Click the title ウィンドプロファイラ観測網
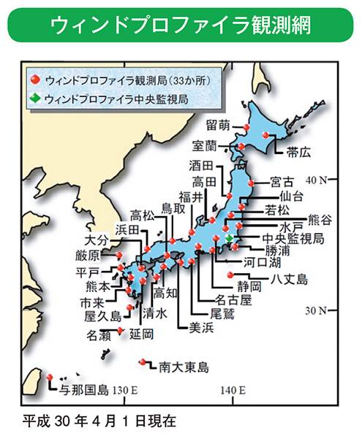(x=181, y=26)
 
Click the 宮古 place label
(x=282, y=181)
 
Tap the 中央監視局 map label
(x=295, y=238)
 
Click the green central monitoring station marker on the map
(x=230, y=239)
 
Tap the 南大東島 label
(x=184, y=367)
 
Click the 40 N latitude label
(x=318, y=180)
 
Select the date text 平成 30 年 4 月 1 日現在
(x=99, y=420)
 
